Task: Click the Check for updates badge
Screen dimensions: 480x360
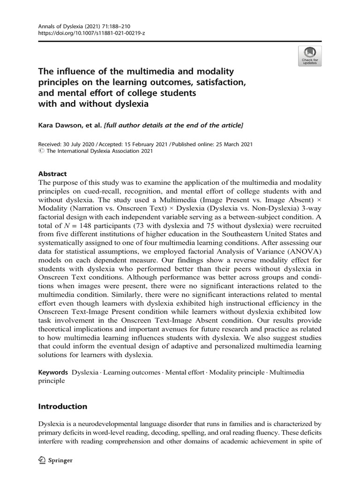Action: point(309,56)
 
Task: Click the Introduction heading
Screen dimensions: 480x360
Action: point(63,406)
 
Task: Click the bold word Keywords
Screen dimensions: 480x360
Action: point(53,372)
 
